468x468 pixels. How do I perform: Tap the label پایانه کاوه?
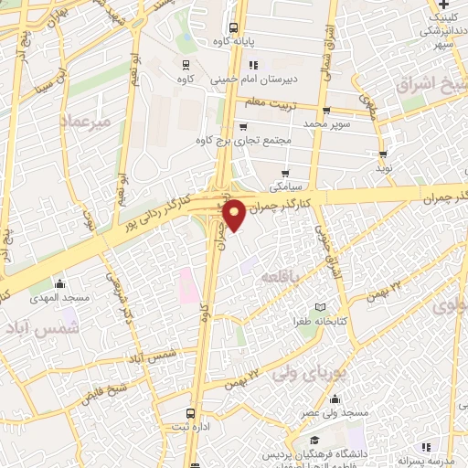234,42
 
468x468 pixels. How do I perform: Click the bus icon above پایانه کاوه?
234,27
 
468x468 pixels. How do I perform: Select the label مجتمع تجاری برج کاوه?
242,140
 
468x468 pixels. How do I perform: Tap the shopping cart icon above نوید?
383,154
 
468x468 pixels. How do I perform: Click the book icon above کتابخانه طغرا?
318,307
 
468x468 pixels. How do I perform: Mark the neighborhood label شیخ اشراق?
434,84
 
